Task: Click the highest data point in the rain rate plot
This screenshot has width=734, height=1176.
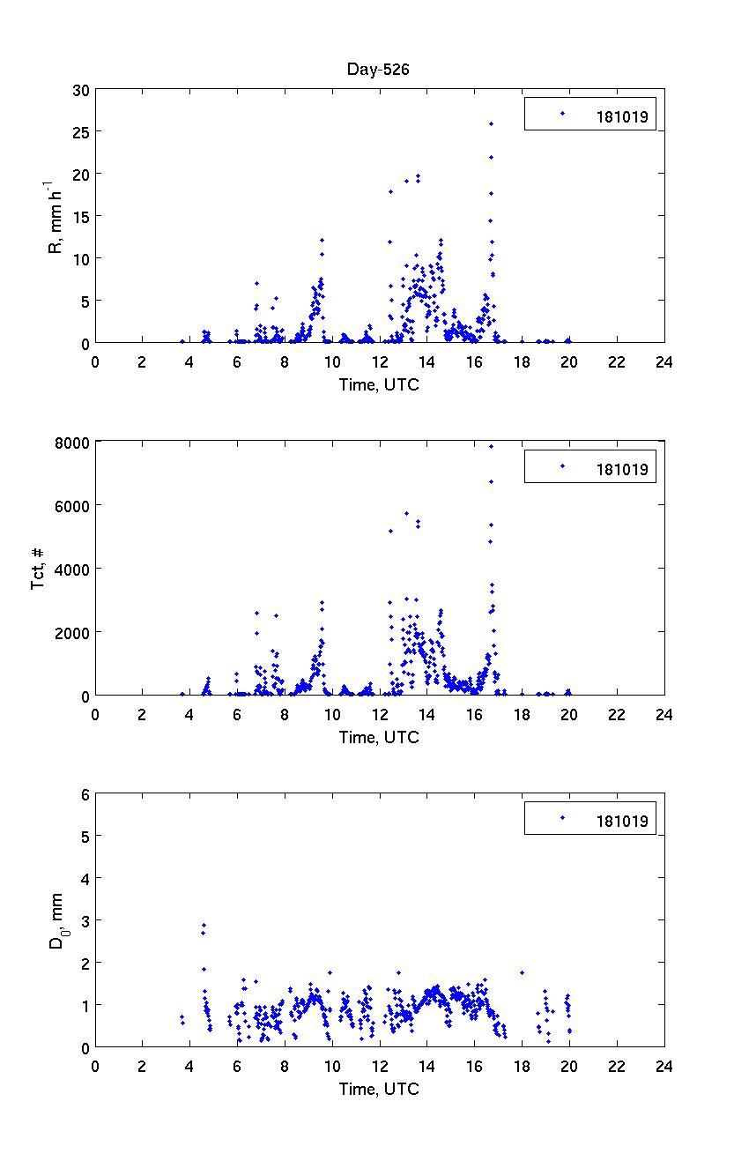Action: (491, 124)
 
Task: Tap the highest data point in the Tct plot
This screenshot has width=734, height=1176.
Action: (491, 446)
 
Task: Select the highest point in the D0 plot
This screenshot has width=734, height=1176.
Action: (204, 926)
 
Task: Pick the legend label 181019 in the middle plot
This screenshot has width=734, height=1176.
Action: (622, 469)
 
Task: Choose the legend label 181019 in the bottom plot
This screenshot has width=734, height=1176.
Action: (622, 822)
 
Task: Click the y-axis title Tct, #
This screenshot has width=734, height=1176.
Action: (39, 569)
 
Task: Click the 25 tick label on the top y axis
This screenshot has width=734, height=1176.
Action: (80, 131)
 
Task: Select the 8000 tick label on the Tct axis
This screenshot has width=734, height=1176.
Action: (73, 442)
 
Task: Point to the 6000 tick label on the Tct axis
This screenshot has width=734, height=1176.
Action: (73, 505)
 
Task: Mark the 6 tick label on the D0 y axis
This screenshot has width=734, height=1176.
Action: (85, 793)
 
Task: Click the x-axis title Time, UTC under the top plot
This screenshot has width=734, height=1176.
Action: (379, 384)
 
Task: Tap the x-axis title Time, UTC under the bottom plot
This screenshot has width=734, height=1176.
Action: (379, 1089)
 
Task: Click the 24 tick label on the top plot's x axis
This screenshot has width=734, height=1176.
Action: (664, 361)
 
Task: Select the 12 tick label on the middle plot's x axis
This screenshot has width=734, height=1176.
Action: (380, 714)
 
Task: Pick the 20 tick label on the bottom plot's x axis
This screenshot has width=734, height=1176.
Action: (569, 1066)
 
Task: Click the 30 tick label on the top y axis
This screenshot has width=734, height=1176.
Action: (80, 90)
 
